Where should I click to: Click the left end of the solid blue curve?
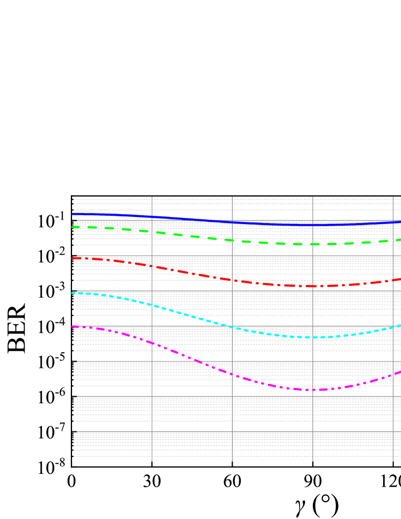point(73,214)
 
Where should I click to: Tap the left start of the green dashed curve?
point(73,227)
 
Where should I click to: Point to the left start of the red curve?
point(73,258)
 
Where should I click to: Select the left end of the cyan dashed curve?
point(73,293)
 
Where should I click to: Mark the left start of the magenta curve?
point(73,327)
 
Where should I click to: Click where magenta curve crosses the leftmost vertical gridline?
point(152,343)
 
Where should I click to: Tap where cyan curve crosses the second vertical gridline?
point(232,327)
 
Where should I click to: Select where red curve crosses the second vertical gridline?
point(232,279)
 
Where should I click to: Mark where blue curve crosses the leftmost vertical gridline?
point(152,217)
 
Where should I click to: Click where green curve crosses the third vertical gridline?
point(313,244)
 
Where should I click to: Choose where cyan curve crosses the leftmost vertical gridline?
point(152,305)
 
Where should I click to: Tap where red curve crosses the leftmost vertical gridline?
point(152,266)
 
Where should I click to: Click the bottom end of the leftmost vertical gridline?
point(152,461)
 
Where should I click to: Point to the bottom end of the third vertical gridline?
point(313,461)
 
